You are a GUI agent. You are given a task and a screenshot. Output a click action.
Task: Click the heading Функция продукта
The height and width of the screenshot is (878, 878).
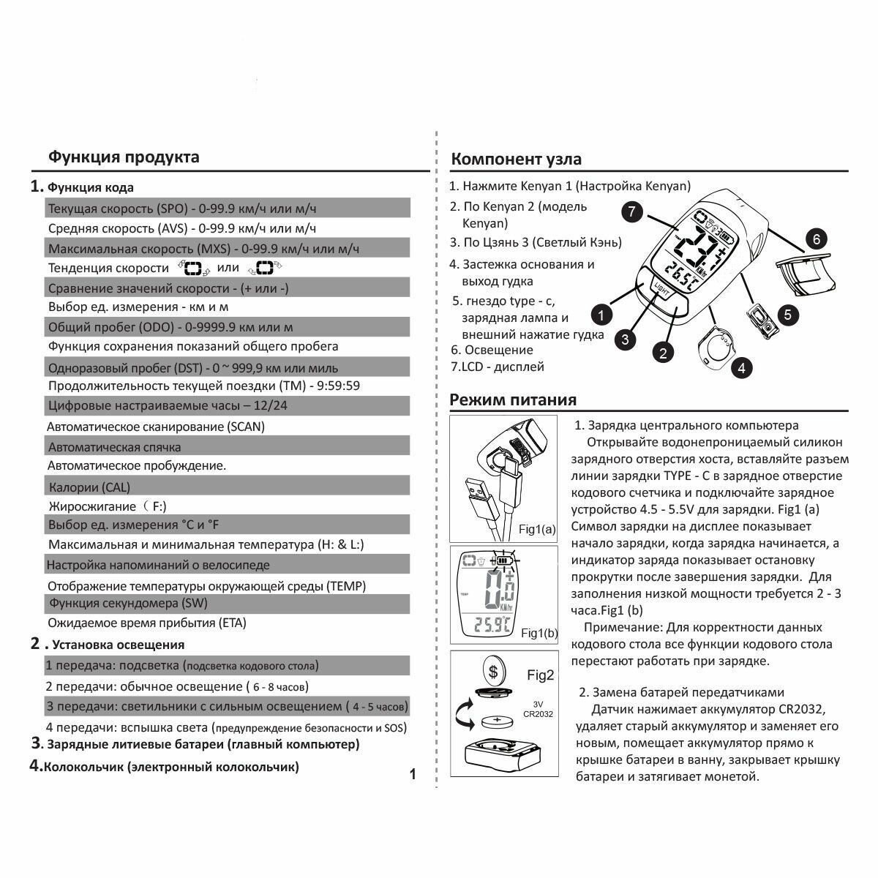[123, 157]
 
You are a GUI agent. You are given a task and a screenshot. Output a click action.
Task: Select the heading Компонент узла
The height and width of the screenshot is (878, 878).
[516, 159]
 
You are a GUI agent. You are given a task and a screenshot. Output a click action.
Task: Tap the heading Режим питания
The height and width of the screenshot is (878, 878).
[513, 399]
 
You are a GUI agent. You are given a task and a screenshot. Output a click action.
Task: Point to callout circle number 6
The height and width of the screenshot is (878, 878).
[817, 239]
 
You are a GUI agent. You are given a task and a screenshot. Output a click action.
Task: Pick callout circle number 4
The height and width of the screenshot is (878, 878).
[741, 368]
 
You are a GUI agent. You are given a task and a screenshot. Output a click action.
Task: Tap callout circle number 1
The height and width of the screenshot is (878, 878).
[601, 316]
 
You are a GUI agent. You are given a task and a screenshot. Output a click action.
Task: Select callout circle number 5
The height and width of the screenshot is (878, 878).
[787, 315]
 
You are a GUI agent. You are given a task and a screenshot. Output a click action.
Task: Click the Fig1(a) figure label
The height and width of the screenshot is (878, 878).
[538, 528]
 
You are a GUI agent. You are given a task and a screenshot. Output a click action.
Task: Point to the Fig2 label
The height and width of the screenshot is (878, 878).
[541, 675]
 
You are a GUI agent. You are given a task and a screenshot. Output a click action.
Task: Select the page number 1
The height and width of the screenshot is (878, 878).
[413, 774]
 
